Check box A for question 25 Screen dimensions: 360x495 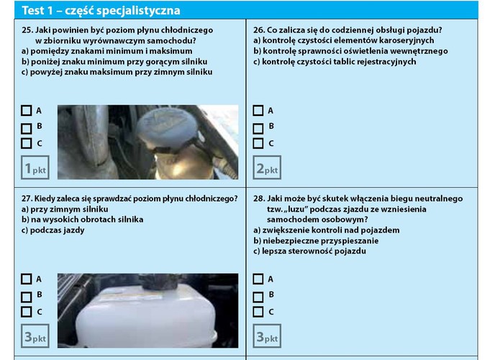click(27, 111)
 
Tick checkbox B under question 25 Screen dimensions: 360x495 click(27, 127)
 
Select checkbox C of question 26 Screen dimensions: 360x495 click(258, 143)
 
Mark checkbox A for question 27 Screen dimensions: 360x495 click(27, 279)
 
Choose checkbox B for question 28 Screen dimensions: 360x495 click(258, 295)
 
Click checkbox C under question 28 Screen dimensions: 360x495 click(258, 312)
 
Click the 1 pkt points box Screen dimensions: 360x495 click(35, 168)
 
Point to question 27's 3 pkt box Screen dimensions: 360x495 click(35, 336)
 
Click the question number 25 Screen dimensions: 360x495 click(27, 30)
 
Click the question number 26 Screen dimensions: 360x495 click(258, 30)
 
